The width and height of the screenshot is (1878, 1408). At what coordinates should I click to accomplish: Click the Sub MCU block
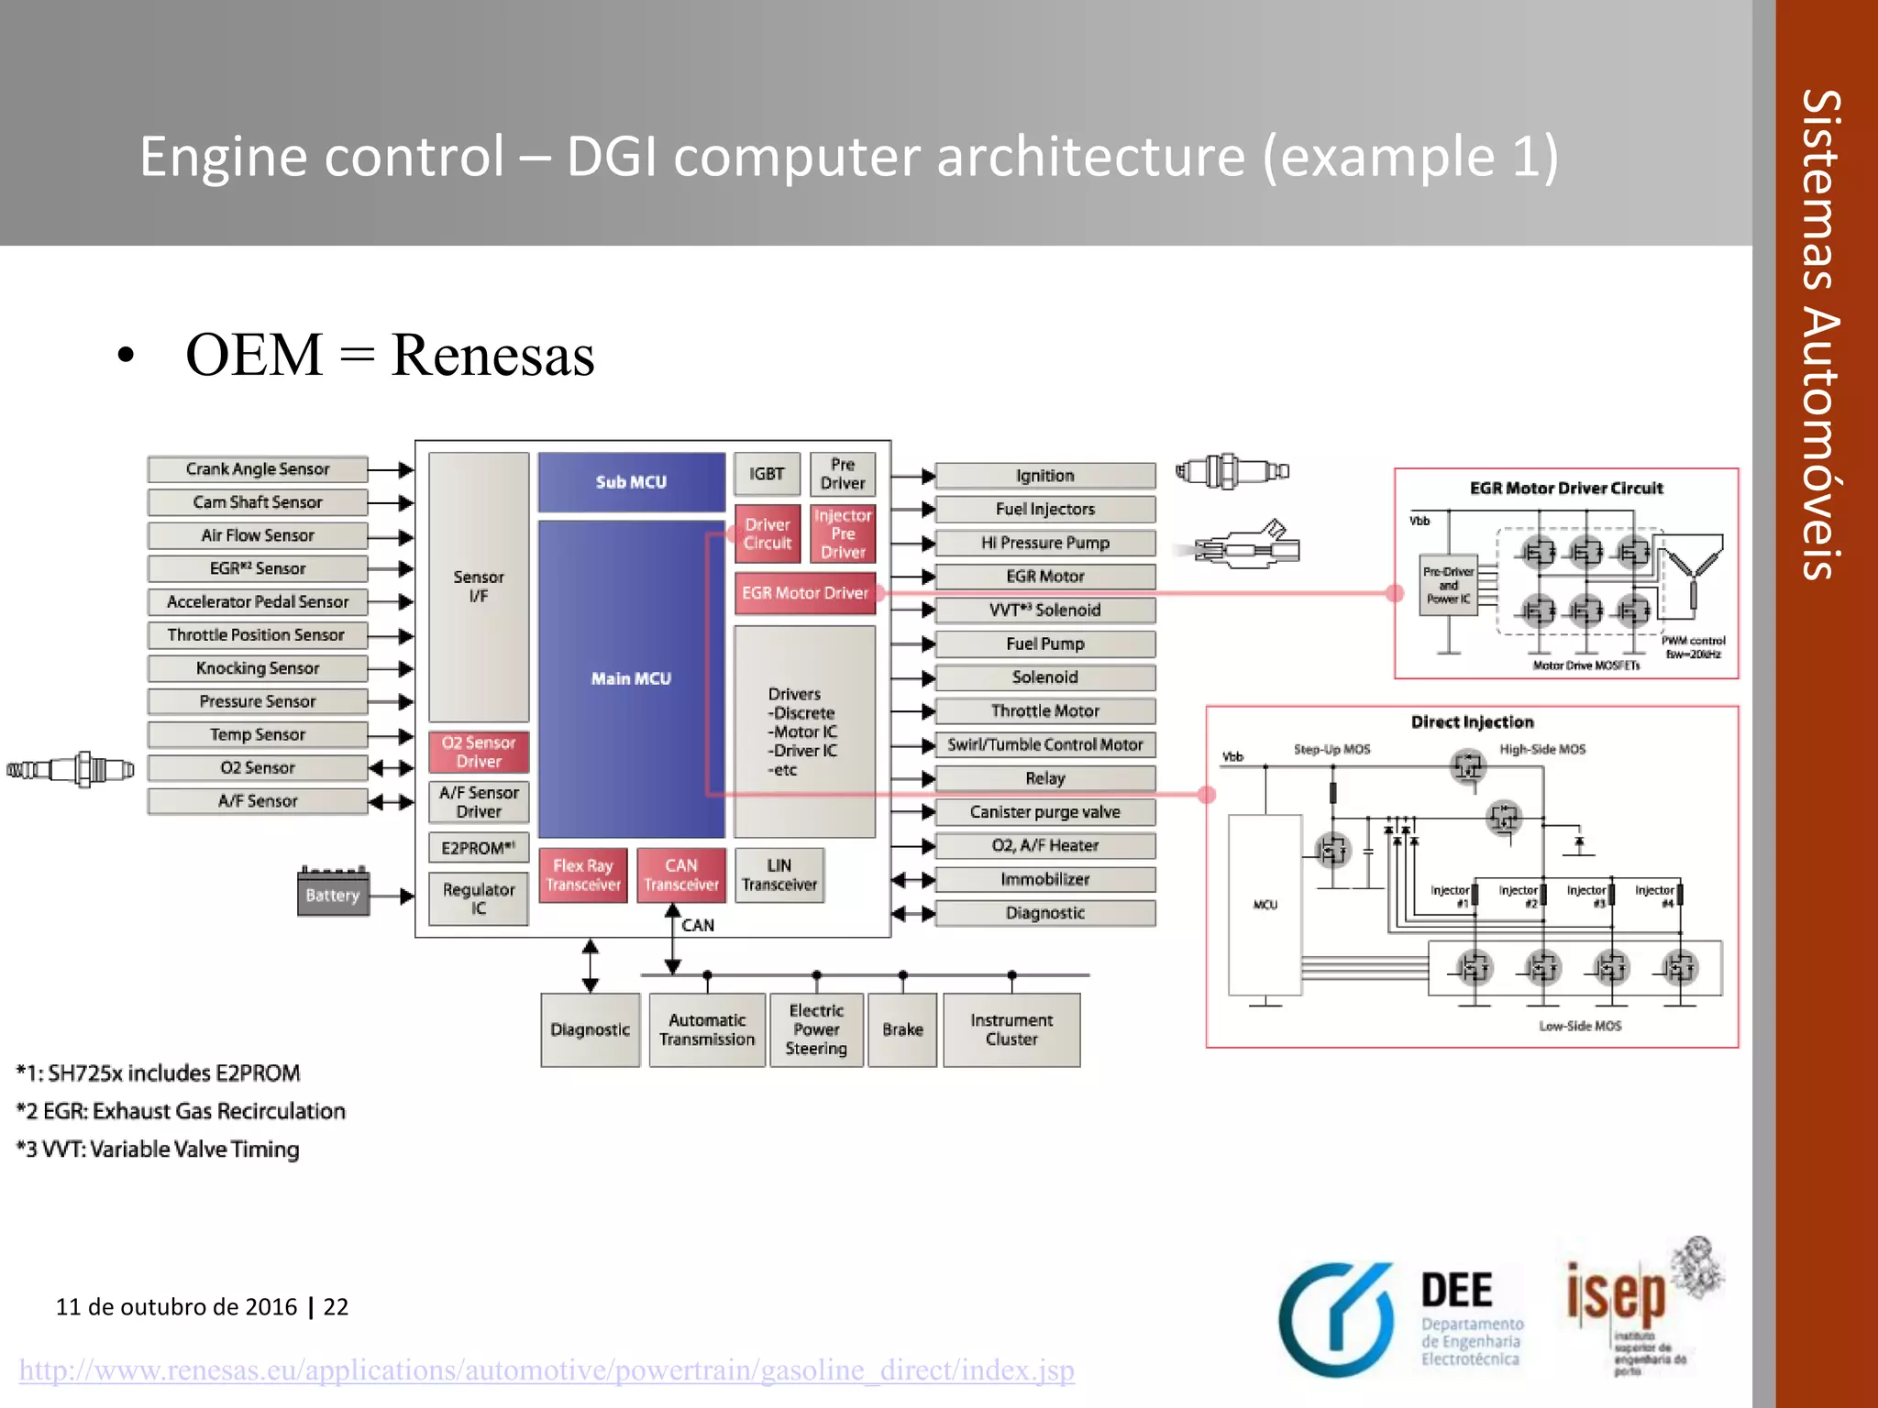631,481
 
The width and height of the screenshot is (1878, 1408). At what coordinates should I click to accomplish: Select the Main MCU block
631,678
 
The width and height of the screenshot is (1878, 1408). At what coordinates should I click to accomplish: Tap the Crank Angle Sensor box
258,469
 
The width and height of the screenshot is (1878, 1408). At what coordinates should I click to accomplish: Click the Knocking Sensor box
258,668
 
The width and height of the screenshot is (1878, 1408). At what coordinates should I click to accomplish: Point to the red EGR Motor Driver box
804,593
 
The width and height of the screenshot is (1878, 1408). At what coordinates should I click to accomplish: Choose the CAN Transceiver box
680,875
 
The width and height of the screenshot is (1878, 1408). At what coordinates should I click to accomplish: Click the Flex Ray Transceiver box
583,875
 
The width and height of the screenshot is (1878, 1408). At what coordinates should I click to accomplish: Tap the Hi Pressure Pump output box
1044,543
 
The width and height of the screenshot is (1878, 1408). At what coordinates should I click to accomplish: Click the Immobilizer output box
1044,879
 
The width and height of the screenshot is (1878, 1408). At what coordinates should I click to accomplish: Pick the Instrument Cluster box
1011,1029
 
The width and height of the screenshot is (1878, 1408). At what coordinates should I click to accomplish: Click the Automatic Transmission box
707,1029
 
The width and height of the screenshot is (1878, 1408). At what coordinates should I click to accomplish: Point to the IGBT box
767,474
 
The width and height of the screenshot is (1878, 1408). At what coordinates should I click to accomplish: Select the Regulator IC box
479,898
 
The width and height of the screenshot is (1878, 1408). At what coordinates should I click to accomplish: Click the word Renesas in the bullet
492,356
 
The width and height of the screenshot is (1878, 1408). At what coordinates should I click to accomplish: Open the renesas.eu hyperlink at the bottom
547,1370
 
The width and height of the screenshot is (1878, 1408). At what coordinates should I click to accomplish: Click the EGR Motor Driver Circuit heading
1565,489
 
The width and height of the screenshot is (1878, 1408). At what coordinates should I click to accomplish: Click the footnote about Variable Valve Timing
158,1149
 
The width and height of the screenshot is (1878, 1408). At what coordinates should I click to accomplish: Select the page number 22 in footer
336,1307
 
